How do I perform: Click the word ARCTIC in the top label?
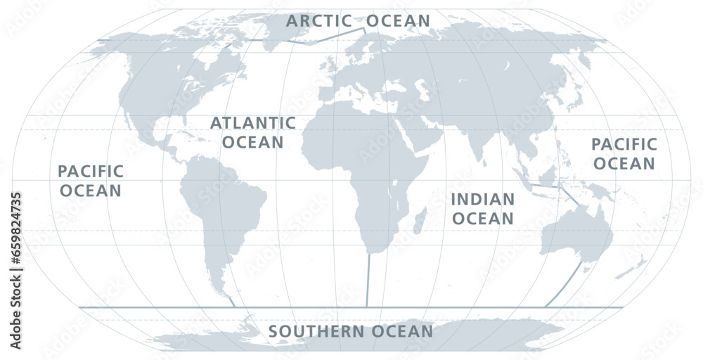click(x=319, y=20)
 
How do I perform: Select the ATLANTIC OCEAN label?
click(x=252, y=132)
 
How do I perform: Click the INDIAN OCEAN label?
click(x=482, y=209)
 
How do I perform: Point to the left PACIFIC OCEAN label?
click(x=91, y=181)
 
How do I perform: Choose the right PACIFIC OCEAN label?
click(x=624, y=154)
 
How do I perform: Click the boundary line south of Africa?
click(x=368, y=281)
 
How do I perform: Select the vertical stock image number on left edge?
click(x=16, y=239)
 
